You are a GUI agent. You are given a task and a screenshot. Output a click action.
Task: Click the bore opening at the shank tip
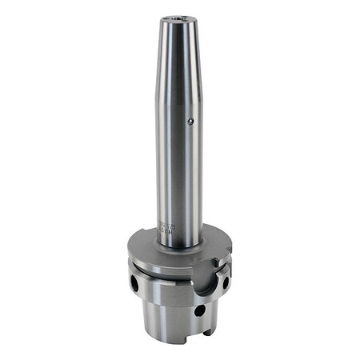[x=181, y=18]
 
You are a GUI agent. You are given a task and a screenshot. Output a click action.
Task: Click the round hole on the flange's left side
[x=134, y=282]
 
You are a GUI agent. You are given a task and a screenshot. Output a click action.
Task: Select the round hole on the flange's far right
[x=226, y=282]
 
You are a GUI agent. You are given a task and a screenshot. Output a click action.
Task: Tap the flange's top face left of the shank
[x=144, y=240]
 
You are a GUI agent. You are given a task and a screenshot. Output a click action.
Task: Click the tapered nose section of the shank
[x=181, y=56]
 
